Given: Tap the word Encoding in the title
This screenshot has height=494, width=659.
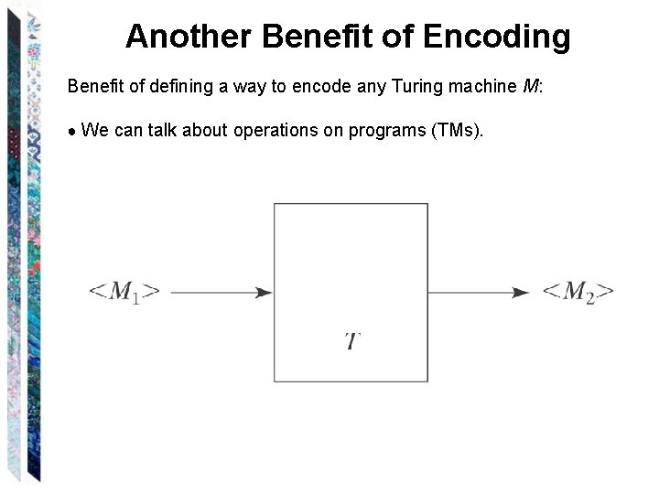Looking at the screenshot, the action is [497, 37].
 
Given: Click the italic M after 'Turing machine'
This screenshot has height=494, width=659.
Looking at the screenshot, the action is [530, 87].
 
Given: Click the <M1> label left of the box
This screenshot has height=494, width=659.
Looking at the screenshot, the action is [124, 292].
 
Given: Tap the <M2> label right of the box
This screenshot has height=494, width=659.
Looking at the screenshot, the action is [578, 292].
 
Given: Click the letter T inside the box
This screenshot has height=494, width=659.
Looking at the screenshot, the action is [352, 342].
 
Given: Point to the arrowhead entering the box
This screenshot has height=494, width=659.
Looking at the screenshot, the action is [265, 293].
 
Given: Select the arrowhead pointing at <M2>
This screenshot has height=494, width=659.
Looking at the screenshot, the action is [521, 293].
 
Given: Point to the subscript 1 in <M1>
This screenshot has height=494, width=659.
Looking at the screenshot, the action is [135, 299].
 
